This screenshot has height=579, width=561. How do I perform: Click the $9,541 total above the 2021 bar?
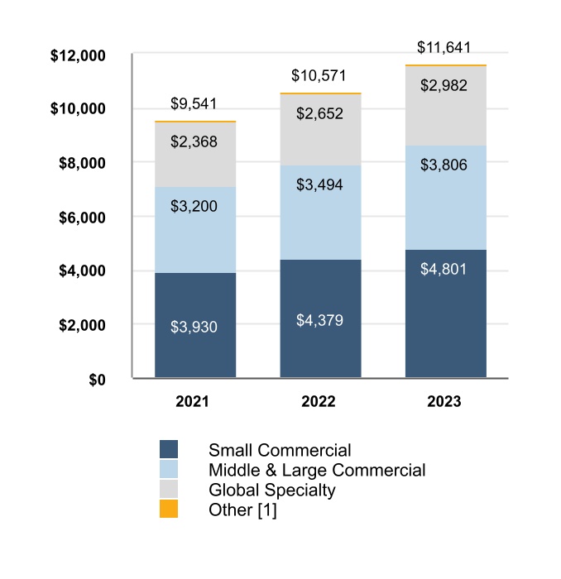[195, 104]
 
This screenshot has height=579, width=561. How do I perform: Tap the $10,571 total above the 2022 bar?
[320, 76]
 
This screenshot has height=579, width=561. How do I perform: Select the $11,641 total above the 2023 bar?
[445, 47]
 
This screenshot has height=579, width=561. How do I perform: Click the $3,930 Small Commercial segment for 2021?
[195, 326]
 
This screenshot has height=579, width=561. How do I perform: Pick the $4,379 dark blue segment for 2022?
[320, 319]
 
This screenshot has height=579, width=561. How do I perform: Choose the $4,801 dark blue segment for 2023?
[445, 314]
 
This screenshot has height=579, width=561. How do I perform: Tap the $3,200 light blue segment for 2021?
[195, 230]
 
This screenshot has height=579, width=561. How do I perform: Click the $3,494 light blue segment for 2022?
[320, 213]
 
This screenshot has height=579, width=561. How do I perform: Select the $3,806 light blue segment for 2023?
[445, 198]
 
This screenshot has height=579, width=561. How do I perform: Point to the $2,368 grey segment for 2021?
[195, 155]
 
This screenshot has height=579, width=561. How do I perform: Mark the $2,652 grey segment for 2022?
[320, 130]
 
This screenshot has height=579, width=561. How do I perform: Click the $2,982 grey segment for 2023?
[445, 106]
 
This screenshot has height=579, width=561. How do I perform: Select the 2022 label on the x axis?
[319, 402]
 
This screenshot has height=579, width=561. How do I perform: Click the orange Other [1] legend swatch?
[169, 510]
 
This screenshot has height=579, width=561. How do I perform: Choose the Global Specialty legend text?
[272, 490]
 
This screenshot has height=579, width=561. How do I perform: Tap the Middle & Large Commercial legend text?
[317, 471]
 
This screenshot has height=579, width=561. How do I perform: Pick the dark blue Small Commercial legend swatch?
[169, 449]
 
